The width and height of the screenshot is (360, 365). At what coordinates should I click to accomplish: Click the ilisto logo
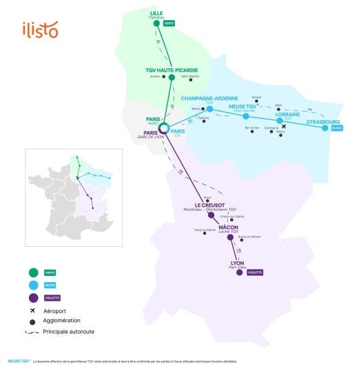40,30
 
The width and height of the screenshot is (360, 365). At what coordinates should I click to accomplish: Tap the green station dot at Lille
156,24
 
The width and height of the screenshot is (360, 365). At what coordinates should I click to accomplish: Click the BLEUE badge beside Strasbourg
337,128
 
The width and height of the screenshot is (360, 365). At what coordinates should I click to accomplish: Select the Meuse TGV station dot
246,116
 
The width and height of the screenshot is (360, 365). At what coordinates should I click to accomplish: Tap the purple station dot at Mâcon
231,237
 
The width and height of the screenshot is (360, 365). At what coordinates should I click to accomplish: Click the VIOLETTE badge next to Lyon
255,272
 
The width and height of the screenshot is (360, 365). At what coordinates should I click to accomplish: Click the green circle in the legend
33,272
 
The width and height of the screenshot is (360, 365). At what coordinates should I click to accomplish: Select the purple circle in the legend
33,297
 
